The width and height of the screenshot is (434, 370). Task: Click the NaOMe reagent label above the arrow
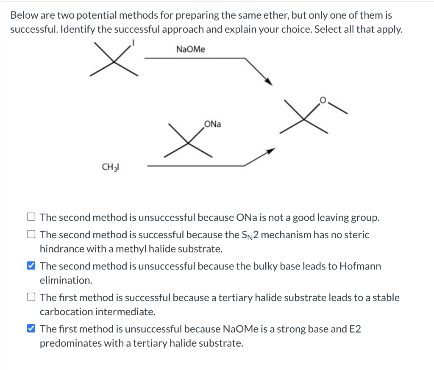190,50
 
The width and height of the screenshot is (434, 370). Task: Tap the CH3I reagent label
110,167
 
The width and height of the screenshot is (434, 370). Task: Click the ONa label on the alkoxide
212,124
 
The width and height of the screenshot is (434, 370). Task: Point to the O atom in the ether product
323,100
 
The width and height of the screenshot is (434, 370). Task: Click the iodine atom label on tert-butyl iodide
134,42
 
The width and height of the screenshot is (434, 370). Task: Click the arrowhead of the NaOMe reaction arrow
268,81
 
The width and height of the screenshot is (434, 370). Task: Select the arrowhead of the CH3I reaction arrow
270,151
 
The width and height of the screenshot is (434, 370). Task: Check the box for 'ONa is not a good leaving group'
31,218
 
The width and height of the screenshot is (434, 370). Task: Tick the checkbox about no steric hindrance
31,235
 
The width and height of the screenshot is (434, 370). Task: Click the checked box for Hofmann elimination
31,266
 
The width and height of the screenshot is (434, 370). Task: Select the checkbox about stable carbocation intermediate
31,298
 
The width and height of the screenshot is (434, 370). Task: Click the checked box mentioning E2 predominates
31,329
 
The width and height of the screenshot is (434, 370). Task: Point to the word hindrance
62,249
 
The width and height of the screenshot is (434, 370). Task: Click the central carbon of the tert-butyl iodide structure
114,63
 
